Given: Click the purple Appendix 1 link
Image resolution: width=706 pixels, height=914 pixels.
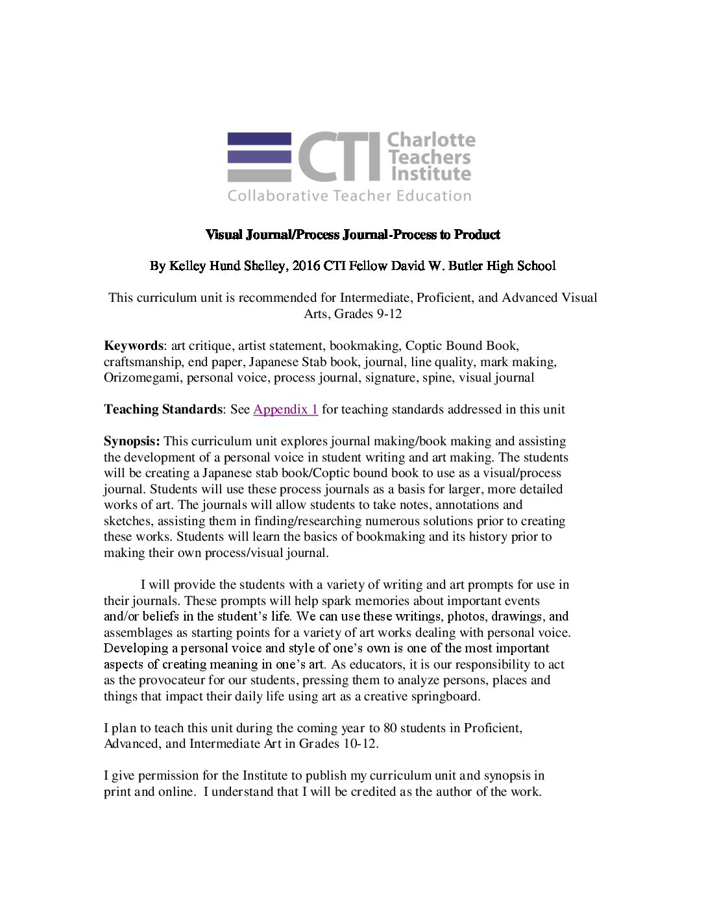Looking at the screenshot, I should (x=286, y=410).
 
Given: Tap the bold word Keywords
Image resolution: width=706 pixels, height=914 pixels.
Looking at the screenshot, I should (x=133, y=346).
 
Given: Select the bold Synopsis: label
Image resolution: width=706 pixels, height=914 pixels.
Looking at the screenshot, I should (x=132, y=441).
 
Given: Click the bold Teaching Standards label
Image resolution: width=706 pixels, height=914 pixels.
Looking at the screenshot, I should (x=163, y=410).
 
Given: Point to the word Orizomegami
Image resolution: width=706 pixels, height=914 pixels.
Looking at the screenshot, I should (x=142, y=378).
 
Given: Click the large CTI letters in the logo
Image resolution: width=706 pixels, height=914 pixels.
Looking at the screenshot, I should (x=339, y=157).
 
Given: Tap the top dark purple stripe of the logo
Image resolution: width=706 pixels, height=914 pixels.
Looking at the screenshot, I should (x=259, y=138).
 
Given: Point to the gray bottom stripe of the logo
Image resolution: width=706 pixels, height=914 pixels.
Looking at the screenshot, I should (x=259, y=175).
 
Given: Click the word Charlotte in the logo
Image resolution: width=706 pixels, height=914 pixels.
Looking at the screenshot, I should (x=431, y=140).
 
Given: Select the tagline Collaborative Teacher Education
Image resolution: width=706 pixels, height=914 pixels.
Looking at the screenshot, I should (x=349, y=196).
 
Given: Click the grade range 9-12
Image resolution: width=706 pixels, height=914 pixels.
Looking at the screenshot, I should (x=387, y=314).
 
